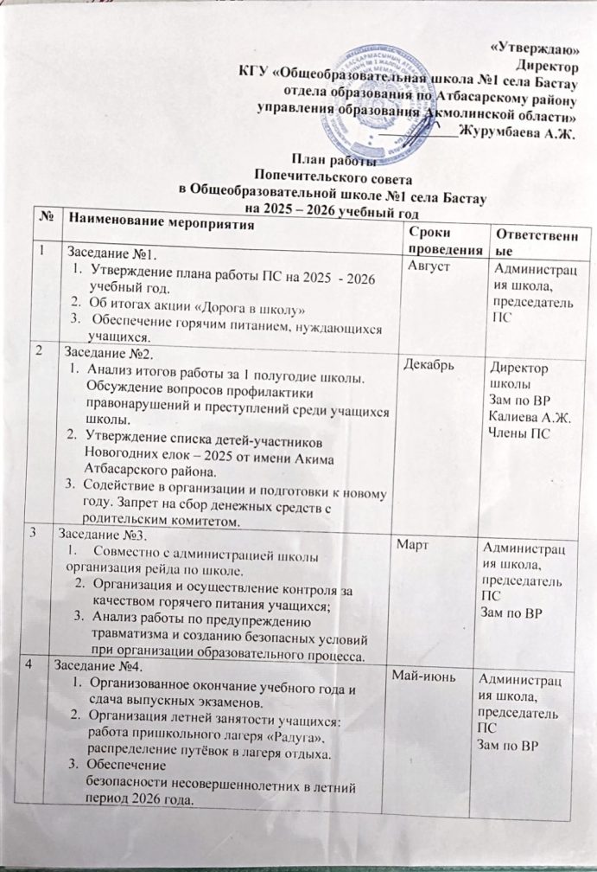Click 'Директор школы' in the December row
pos(518,374)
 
